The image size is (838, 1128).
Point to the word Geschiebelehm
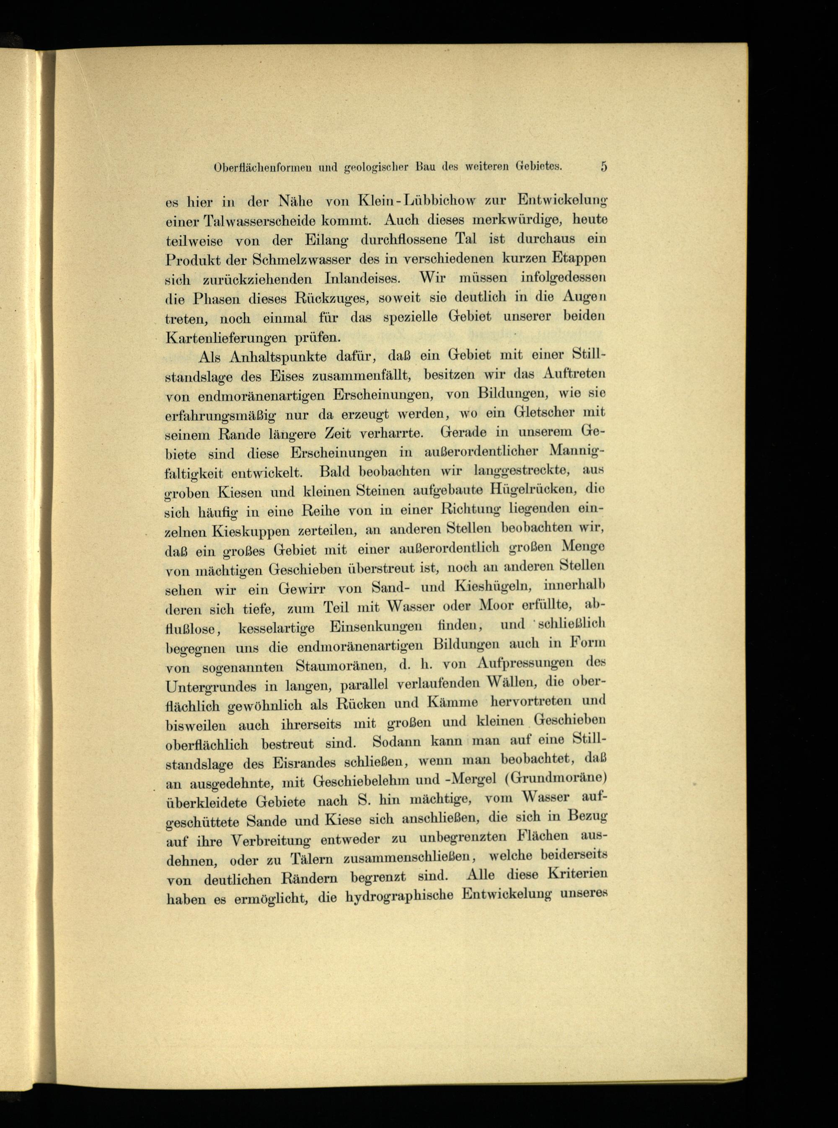[x=363, y=782]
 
